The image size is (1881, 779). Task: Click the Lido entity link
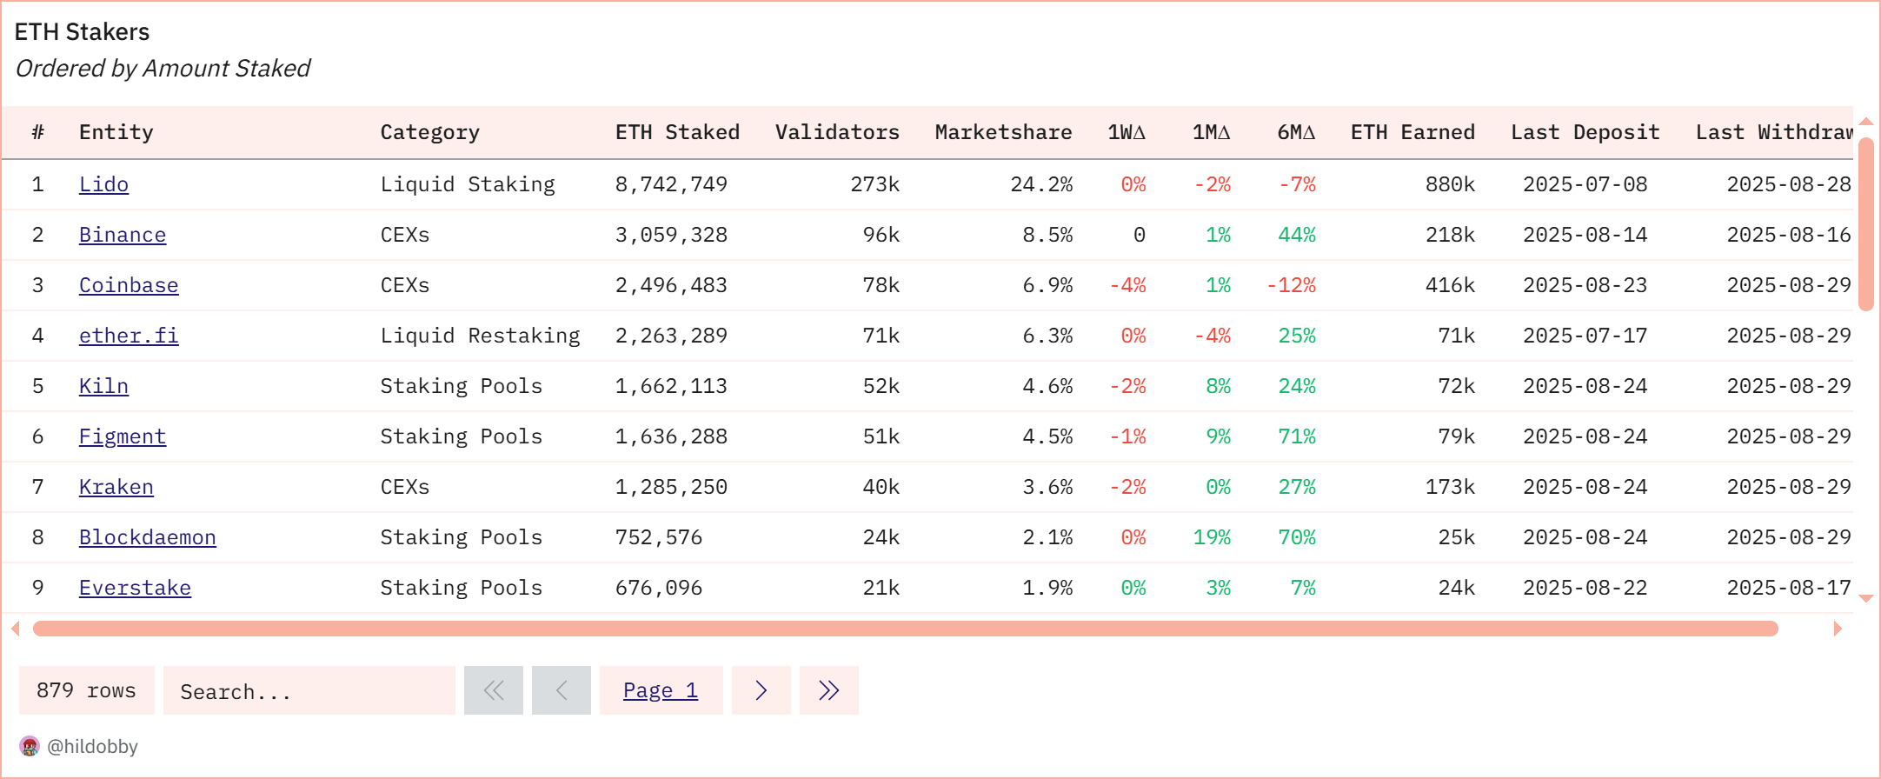pos(103,184)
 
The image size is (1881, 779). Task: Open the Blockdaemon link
pos(147,537)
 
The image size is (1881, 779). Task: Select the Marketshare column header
pos(1002,132)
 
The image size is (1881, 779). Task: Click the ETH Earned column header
pos(1412,132)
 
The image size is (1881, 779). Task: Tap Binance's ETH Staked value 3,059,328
pos(670,235)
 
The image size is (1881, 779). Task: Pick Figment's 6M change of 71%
pos(1296,436)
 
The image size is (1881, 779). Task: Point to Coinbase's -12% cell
pos(1291,285)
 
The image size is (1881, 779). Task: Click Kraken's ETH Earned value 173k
pos(1449,487)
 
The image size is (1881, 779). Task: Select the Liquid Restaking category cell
pos(480,336)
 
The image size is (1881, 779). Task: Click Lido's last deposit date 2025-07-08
pos(1585,184)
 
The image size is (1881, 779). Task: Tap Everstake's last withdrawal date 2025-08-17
pos(1788,588)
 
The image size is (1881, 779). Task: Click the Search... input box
pos(309,691)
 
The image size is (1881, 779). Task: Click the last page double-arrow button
pos(828,690)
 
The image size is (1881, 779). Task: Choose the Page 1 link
pos(661,690)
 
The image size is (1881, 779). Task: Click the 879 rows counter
pos(86,690)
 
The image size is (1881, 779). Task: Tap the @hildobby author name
pos(92,746)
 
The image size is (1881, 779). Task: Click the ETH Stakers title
pos(82,32)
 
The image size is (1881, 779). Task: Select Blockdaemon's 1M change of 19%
pos(1212,537)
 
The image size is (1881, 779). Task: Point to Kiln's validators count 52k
pos(881,386)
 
